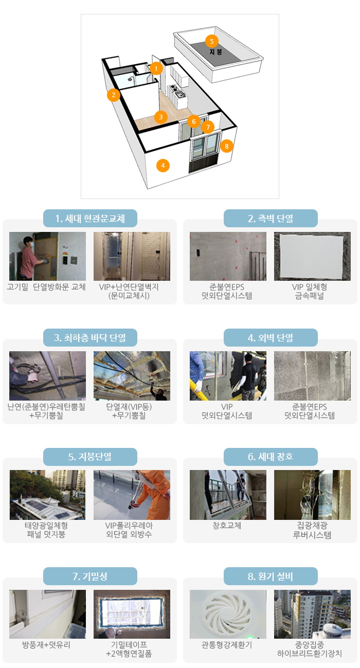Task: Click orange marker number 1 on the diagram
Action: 156,68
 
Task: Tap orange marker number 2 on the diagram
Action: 113,95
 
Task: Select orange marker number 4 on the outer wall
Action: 163,166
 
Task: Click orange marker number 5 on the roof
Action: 212,41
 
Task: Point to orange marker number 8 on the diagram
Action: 227,146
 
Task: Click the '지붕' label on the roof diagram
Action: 215,52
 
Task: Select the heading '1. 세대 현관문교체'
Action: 90,218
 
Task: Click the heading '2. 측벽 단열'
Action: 271,218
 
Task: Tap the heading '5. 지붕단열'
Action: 90,457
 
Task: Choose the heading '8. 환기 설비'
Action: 271,576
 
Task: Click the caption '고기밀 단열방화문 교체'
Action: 46,287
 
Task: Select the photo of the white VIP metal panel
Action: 312,256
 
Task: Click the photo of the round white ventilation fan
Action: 228,614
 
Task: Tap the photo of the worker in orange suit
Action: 132,495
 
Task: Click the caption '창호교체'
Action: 227,526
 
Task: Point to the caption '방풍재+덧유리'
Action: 46,645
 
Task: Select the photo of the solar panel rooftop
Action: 47,495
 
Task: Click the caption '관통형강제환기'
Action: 227,645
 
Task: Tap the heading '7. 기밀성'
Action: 90,576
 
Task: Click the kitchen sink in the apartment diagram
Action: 180,95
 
